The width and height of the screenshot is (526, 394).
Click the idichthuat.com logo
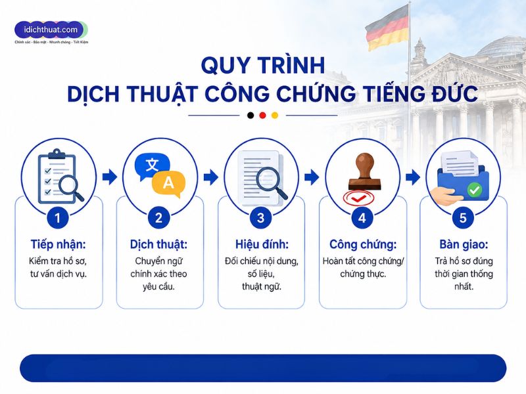pos(51,32)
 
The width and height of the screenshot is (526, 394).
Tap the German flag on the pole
pos(387,29)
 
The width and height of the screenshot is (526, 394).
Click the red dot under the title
pos(262,116)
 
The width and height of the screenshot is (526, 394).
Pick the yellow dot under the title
pos(275,116)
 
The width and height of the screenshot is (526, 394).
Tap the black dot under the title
pos(251,116)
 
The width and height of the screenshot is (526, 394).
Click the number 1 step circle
pos(58,218)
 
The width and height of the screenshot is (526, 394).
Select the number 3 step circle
pos(260,218)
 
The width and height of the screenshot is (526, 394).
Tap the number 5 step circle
pos(463,218)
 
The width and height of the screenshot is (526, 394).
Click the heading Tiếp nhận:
pos(59,244)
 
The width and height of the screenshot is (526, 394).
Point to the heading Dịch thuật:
pos(158,244)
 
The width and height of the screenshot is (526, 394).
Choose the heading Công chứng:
pos(363,244)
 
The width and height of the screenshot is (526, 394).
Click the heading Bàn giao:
pos(464,244)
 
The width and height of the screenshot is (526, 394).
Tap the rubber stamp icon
pos(364,171)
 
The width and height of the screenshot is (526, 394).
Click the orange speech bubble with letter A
pos(168,183)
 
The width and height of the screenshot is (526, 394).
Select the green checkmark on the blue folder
pos(475,190)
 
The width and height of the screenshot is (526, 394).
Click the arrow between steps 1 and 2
pos(110,177)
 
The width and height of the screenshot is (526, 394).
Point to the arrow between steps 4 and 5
pos(413,177)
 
